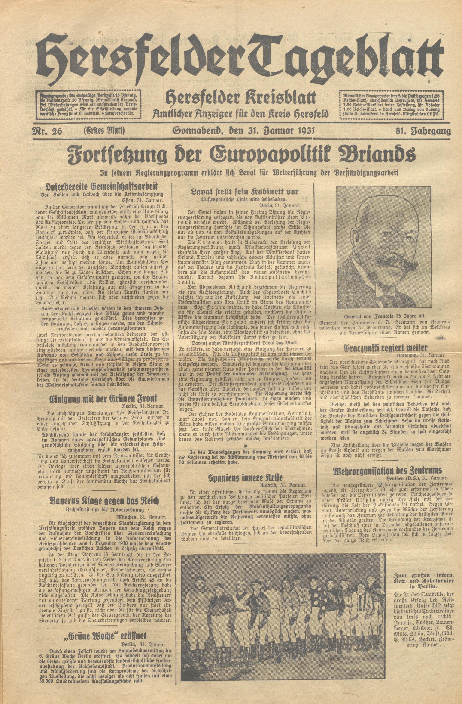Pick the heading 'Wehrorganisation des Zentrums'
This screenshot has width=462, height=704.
(x=387, y=471)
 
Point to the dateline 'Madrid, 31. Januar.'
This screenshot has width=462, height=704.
(x=283, y=485)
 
